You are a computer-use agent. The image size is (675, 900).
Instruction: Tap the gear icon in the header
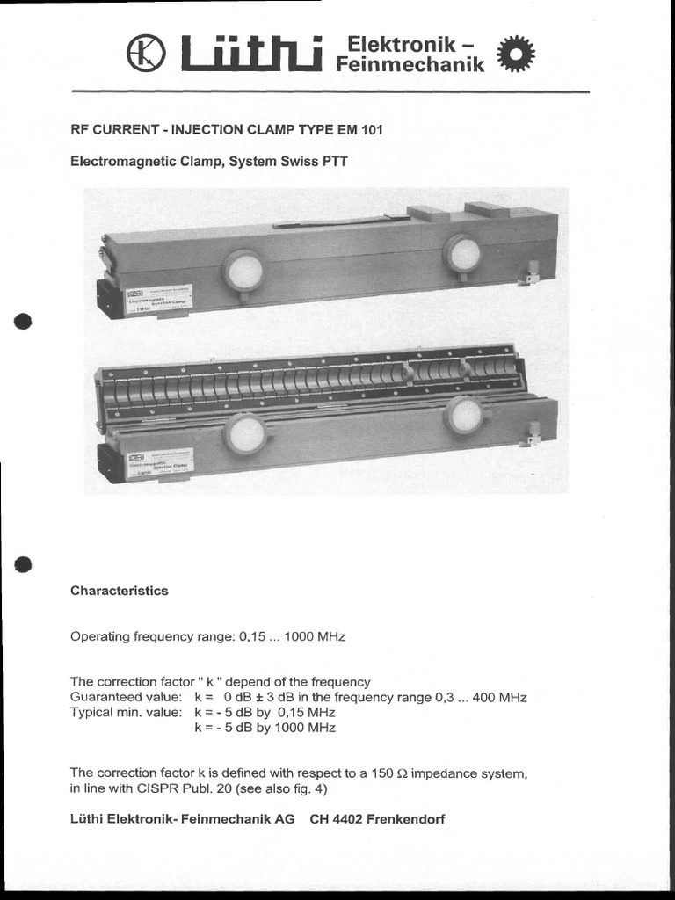tap(515, 54)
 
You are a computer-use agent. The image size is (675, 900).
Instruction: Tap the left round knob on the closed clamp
tap(243, 270)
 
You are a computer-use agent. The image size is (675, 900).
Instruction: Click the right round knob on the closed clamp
tap(462, 253)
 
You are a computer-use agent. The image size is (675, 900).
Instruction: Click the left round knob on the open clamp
tap(245, 433)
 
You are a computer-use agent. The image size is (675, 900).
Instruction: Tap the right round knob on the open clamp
tap(463, 414)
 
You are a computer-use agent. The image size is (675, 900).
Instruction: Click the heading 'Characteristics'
tap(119, 591)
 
